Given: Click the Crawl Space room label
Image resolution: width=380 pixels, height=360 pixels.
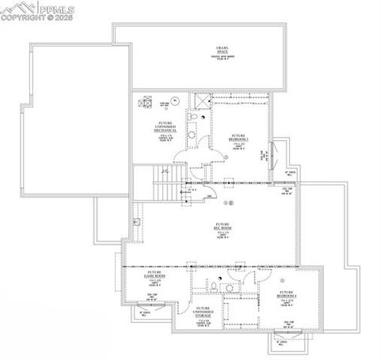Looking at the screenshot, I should pos(219,53).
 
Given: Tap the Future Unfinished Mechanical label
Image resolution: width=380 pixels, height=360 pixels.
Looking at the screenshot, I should pos(165,127).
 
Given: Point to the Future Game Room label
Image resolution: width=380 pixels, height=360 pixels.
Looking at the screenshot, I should pos(153,275).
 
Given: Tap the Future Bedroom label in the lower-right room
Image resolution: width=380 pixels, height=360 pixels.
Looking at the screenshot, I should pos(287,297).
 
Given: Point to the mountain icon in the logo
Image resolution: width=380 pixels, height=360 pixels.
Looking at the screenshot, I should pos(15,9).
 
